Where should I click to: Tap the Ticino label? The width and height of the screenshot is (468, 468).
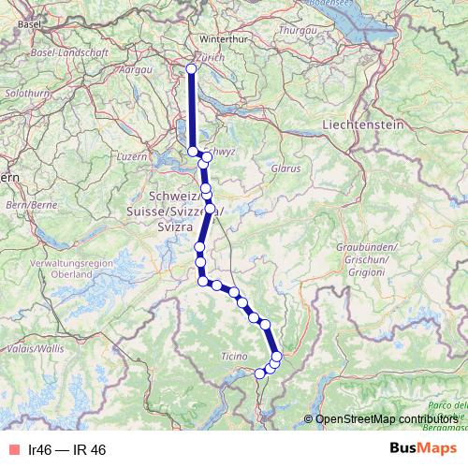pos(233,357)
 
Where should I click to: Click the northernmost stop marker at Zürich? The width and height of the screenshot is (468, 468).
pos(192,69)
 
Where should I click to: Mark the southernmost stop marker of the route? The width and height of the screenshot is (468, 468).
pos(260,373)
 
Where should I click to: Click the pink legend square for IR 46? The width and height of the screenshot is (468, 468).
pos(13,449)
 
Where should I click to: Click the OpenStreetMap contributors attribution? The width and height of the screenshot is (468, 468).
pos(386,420)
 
